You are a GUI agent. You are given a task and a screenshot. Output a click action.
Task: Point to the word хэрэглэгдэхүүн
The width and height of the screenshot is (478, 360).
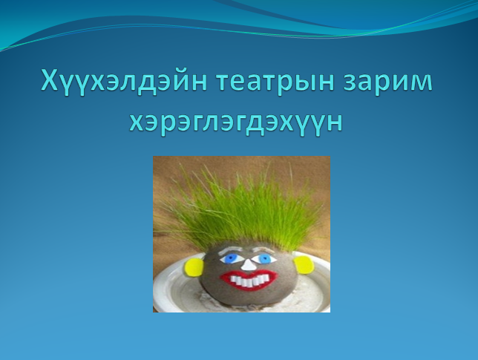[x=236, y=123]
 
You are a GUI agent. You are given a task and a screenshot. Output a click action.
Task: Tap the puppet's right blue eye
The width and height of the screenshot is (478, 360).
[x=264, y=259]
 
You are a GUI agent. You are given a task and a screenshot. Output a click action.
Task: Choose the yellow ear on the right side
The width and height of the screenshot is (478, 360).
[x=304, y=264]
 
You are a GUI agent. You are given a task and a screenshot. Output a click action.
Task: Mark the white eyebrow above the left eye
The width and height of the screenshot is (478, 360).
[x=230, y=251]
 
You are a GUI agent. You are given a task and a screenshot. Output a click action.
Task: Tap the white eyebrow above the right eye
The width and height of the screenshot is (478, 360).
[x=266, y=250]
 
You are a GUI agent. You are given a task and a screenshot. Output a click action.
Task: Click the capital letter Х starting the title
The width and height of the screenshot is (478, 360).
[x=49, y=80]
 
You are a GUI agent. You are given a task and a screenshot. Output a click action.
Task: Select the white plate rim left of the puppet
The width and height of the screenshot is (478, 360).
[x=163, y=287]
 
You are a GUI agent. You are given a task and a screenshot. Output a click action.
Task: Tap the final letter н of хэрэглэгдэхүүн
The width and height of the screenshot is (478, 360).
[x=335, y=123]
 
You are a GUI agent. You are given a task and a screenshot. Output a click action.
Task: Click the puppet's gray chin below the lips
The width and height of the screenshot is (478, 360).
[x=249, y=297]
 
